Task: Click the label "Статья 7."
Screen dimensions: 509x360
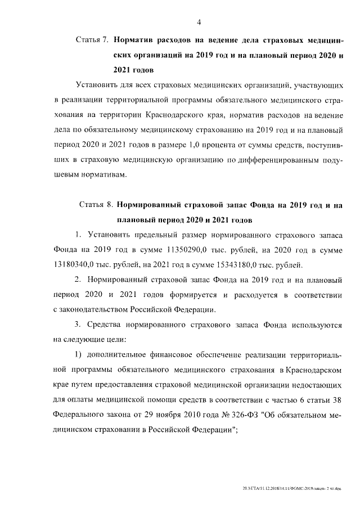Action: point(92,41)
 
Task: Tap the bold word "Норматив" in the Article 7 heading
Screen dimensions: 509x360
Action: point(136,41)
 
